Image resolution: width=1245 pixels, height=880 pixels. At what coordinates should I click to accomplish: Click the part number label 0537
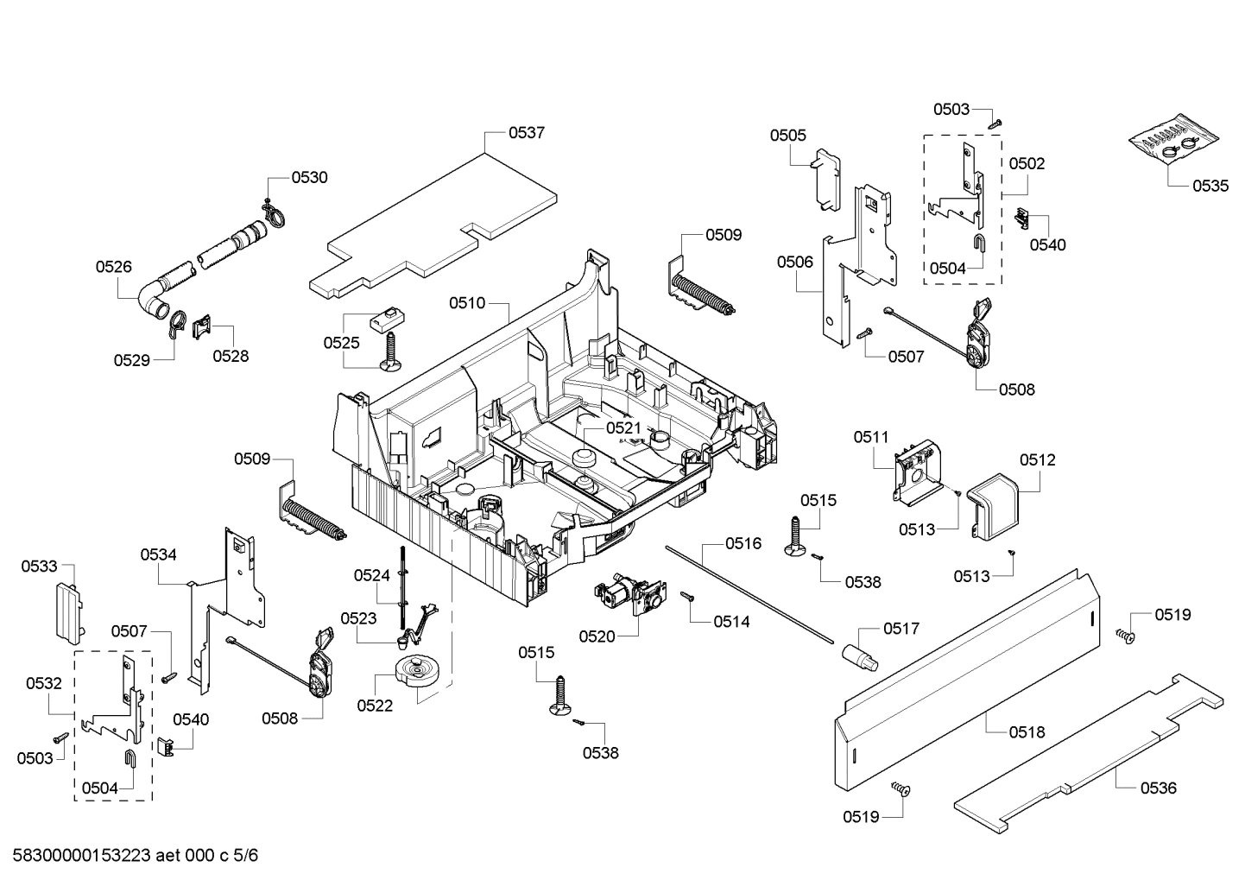click(526, 132)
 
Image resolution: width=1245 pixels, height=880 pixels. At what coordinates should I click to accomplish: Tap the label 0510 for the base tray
click(466, 303)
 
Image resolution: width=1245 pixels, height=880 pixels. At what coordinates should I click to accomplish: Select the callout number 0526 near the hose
click(114, 267)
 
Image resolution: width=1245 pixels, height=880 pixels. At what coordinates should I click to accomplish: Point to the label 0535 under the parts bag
click(1210, 186)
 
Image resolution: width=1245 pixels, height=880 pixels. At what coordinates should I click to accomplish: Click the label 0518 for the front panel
click(1027, 732)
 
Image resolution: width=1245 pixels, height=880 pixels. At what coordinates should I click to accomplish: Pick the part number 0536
click(1158, 788)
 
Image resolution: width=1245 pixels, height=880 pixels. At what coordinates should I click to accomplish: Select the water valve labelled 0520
click(628, 596)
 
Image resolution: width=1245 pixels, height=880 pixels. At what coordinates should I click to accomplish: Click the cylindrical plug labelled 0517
click(859, 654)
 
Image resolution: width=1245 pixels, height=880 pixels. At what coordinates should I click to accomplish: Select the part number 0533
click(39, 567)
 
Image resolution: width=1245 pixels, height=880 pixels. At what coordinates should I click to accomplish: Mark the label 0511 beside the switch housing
click(871, 438)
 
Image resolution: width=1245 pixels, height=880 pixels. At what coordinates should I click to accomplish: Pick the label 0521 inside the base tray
click(623, 427)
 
